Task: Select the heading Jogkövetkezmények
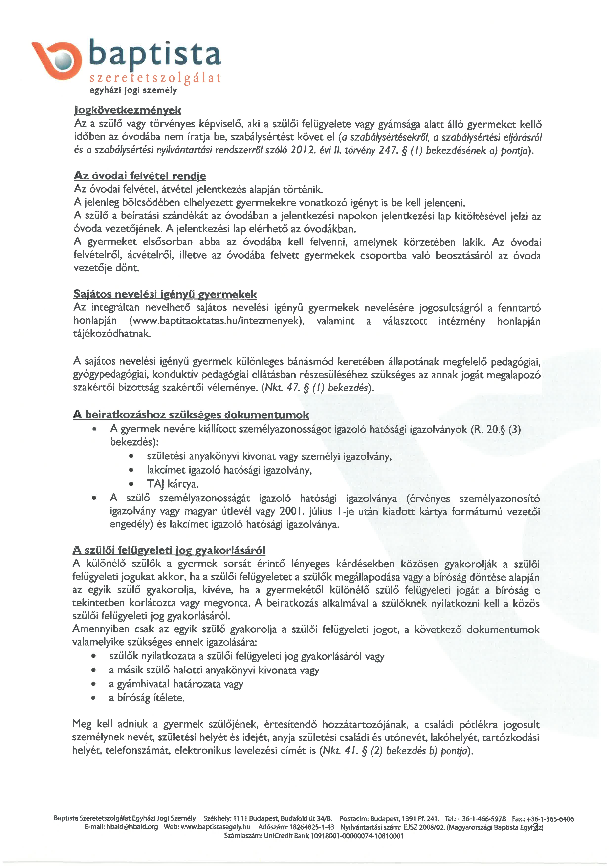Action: tap(128, 110)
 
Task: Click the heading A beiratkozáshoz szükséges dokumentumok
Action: tap(191, 415)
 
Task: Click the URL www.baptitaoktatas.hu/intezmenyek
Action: tap(217, 321)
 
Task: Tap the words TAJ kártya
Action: tap(173, 484)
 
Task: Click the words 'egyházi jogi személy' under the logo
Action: tap(133, 91)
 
